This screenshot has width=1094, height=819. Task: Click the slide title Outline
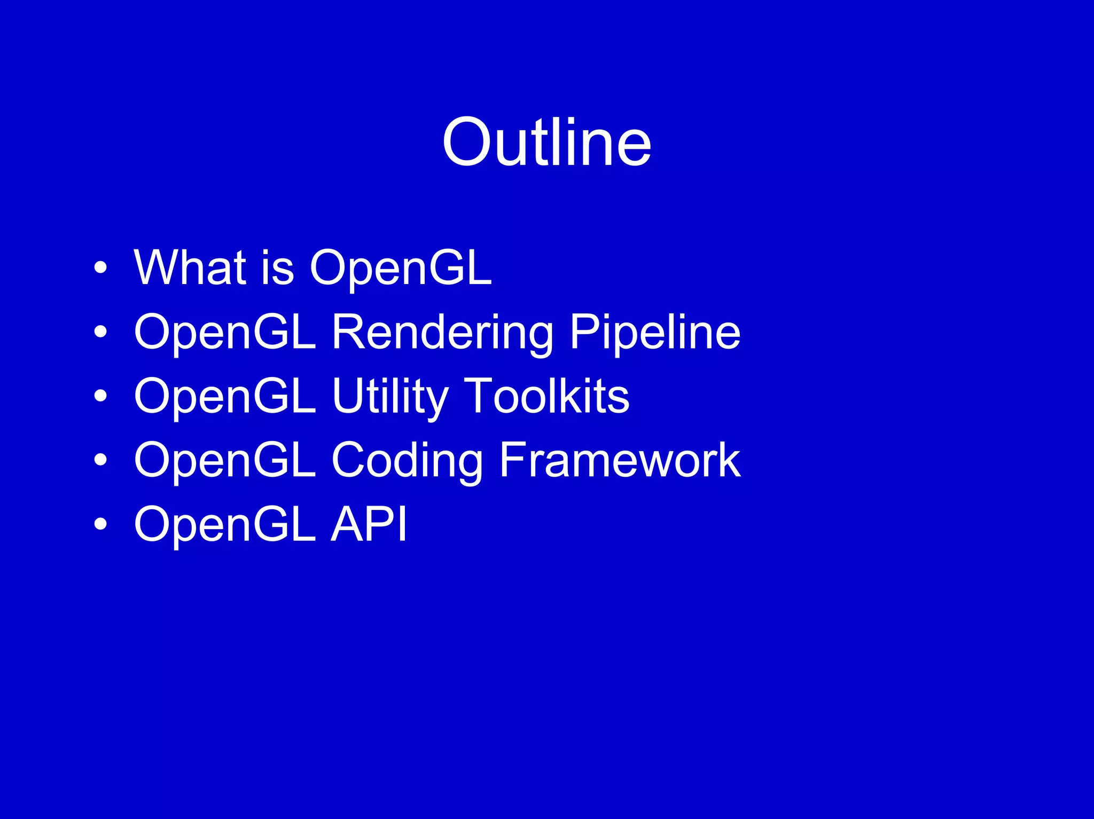coord(546,143)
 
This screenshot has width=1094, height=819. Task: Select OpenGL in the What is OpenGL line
coord(401,268)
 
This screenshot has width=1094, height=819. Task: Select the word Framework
coord(620,460)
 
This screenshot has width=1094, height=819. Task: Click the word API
coord(369,524)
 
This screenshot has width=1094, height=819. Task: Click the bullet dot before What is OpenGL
coord(100,268)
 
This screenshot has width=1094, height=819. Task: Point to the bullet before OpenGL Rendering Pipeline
coord(100,332)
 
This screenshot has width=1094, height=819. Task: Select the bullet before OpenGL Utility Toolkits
coord(100,396)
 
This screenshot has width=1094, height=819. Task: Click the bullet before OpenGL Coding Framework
coord(100,460)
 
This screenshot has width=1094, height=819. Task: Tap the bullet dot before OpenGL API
coord(100,524)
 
